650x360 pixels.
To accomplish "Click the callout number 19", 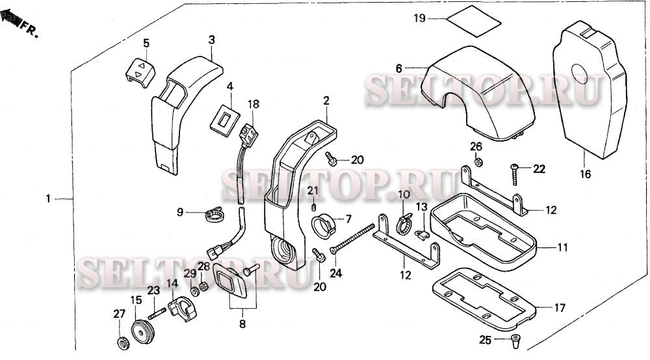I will click(419, 18).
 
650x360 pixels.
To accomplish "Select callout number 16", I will click(586, 174).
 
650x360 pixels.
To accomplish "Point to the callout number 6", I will click(399, 68).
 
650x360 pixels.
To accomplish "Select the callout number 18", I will click(253, 104).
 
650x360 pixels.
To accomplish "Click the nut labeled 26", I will click(478, 161).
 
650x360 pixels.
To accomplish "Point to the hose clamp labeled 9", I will click(214, 212).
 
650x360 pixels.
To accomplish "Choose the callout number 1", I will click(47, 198).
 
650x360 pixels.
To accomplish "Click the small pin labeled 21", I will click(315, 207).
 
